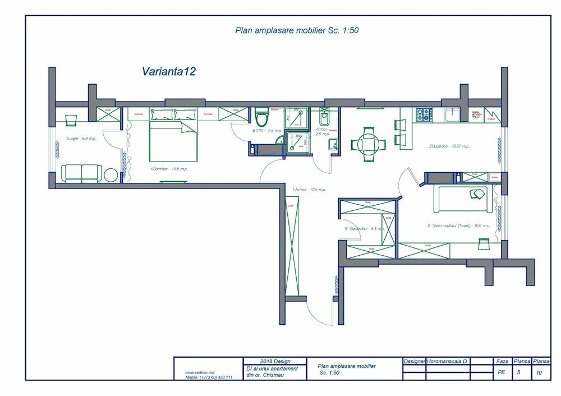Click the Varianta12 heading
point(168,71)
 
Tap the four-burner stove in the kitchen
point(424,114)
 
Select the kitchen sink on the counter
point(452,115)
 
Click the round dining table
point(368,144)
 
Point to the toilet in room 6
point(261,118)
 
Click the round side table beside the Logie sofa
point(111,175)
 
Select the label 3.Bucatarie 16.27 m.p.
point(449,146)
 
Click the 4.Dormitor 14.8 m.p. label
point(168,168)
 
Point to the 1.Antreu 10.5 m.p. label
point(309,190)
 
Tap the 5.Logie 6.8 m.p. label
point(81,139)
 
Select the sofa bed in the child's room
point(465,200)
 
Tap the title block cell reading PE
point(502,372)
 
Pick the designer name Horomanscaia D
point(448,361)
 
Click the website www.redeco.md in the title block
point(200,372)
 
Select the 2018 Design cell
point(274,361)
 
